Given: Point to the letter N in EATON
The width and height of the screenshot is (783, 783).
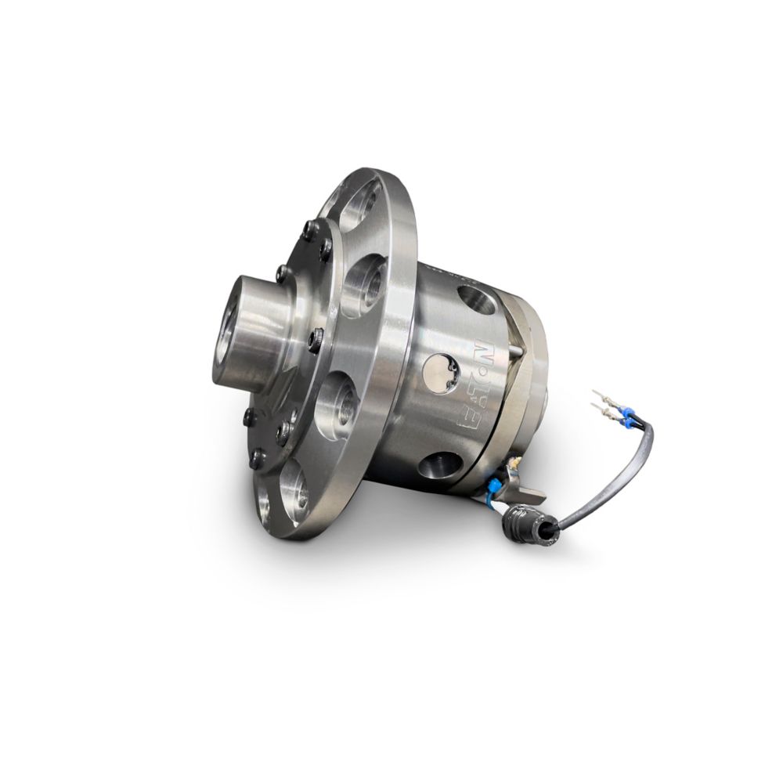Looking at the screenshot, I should coord(480,349).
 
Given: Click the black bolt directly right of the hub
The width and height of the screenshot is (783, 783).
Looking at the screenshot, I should coord(316,337).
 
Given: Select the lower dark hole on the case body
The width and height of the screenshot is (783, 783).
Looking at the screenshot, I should coord(436,465).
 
